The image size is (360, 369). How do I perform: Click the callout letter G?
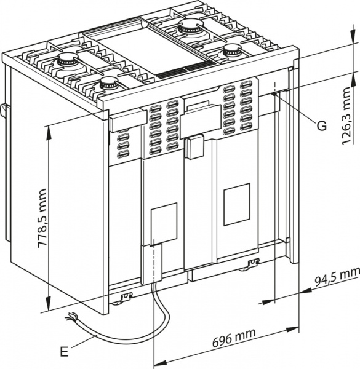[321, 125]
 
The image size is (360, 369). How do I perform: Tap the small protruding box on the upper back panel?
[196, 146]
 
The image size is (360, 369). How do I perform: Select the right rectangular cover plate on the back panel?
[236, 204]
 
